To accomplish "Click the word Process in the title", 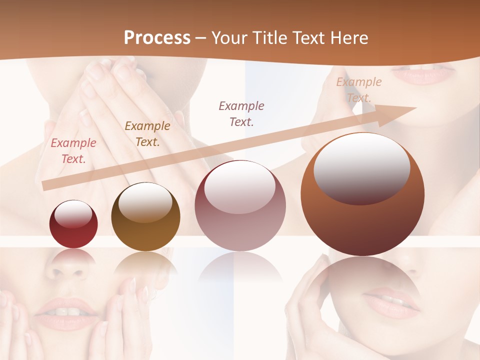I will [x=157, y=38].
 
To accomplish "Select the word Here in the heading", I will [x=349, y=38].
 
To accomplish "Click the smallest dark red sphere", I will [x=73, y=224].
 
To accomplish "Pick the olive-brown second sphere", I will [x=145, y=216].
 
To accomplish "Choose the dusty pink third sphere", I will [x=240, y=205].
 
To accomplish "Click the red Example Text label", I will [x=73, y=151].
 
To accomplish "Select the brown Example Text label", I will [x=147, y=134].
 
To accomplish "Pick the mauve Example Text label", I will [x=241, y=113].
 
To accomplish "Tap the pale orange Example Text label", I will [x=359, y=90].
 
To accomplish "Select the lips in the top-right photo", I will [x=423, y=74].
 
